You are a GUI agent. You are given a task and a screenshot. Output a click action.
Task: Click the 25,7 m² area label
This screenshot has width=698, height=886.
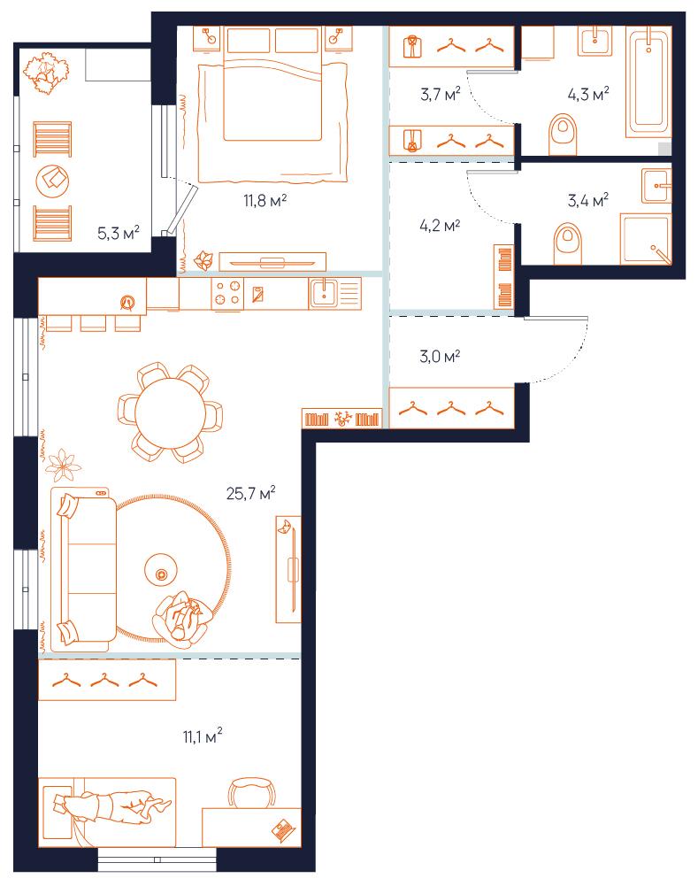(x=250, y=493)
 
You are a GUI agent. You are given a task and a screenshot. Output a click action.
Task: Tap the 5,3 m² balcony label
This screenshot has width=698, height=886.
(x=118, y=232)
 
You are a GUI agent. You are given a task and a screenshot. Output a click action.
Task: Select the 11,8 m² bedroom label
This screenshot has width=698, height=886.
(x=265, y=200)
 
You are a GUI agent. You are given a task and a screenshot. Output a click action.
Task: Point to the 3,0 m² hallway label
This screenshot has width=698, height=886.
(x=440, y=356)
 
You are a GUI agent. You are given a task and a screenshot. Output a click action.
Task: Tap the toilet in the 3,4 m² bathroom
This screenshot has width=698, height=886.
(x=568, y=243)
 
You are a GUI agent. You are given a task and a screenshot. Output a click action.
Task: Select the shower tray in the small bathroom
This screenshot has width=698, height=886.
(x=646, y=238)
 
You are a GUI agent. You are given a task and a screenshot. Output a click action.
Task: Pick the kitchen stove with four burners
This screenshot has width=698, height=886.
(x=227, y=293)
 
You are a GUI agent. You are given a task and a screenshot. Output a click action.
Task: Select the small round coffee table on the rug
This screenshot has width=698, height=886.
(x=161, y=574)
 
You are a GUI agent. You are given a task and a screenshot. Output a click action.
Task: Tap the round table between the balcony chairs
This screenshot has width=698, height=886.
(x=52, y=181)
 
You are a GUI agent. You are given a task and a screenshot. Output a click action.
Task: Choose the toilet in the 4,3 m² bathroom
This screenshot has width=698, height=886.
(x=563, y=135)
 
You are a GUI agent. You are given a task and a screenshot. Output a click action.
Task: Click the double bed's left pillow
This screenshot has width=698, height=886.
(x=249, y=40)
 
